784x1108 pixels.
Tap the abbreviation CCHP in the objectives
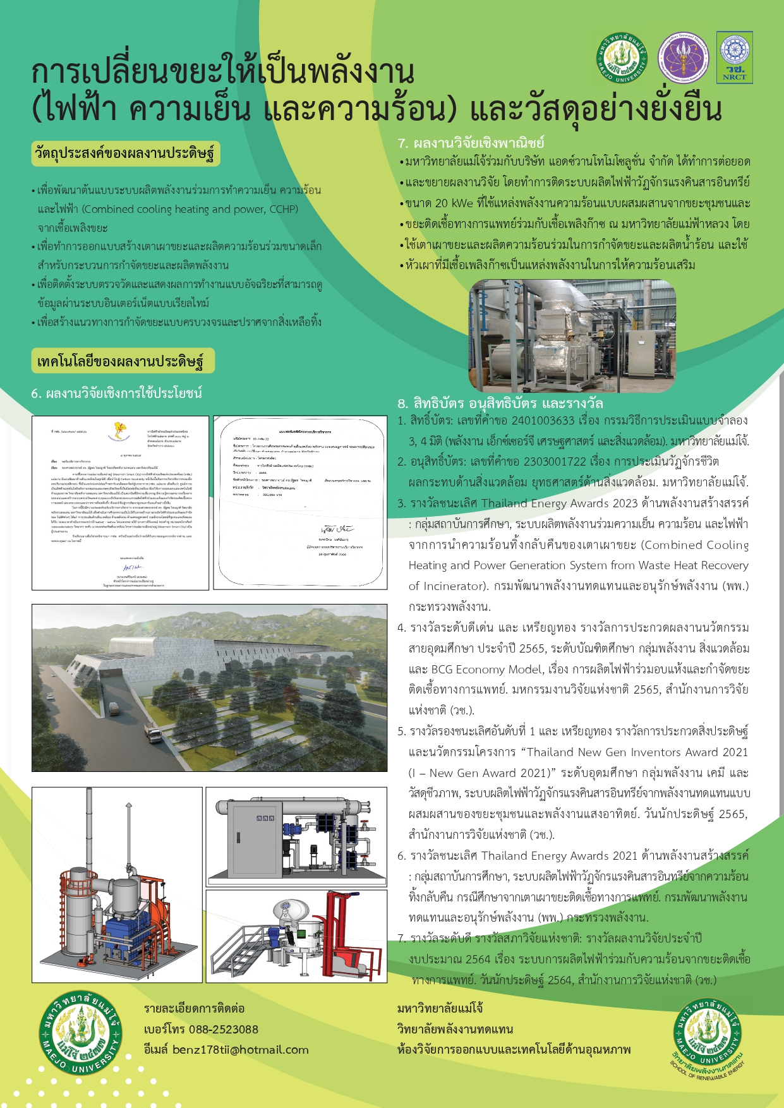coord(284,209)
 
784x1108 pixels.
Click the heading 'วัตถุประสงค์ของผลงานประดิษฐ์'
coord(126,154)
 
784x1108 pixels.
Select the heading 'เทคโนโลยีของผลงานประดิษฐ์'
coord(121,361)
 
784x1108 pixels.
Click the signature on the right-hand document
coord(337,529)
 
